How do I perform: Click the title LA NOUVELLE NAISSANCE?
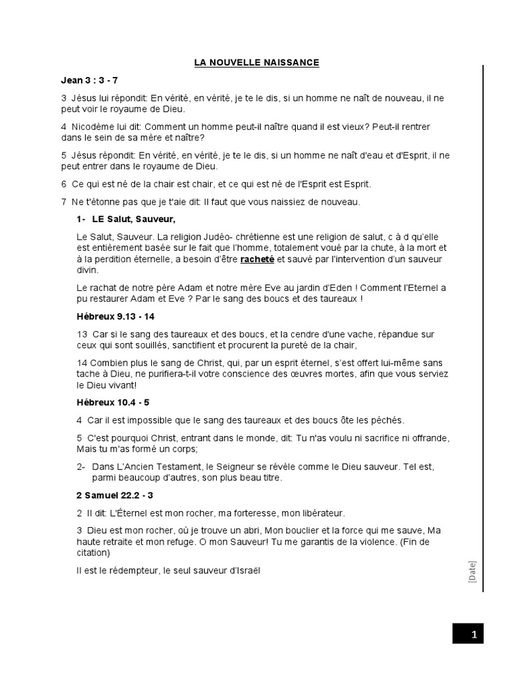(256, 63)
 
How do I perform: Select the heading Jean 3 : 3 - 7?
(89, 80)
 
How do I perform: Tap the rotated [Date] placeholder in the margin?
(472, 571)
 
